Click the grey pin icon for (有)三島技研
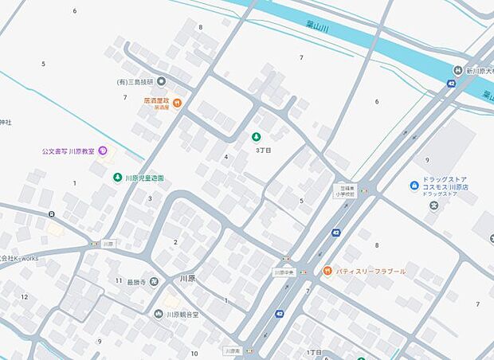[x=161, y=81]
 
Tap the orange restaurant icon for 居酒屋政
[x=177, y=102]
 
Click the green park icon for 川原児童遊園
[x=117, y=178]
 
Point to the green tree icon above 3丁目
[x=256, y=137]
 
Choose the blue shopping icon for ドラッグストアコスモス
[x=414, y=186]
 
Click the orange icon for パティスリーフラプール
[x=327, y=271]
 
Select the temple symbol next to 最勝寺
[x=154, y=280]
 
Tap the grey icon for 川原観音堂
[x=159, y=314]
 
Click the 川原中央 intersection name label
[x=284, y=272]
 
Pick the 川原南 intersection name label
[x=232, y=350]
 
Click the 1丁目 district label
[x=314, y=351]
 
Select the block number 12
[x=25, y=297]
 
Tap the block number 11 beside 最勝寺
[x=119, y=280]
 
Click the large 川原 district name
[x=188, y=279]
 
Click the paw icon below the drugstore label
[x=433, y=206]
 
